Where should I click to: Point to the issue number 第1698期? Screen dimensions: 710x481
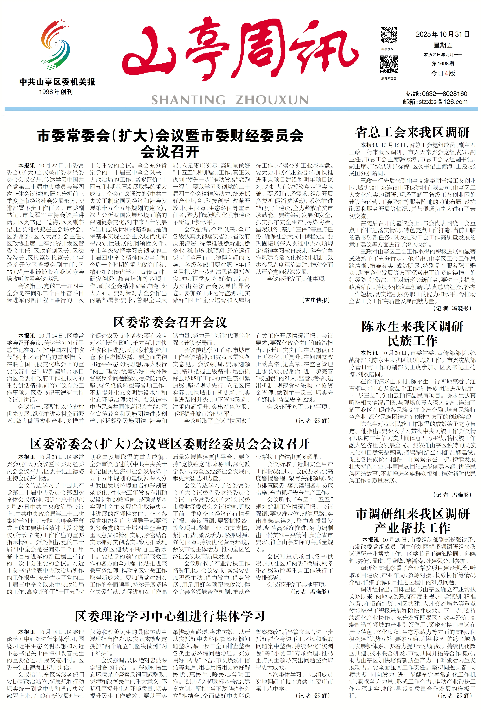(x=443, y=64)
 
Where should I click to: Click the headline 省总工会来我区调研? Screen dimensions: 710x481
(x=412, y=133)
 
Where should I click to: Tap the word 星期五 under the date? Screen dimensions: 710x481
(x=443, y=45)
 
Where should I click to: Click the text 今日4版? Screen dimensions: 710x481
(x=443, y=73)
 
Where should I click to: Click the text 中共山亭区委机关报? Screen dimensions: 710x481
(x=57, y=82)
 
